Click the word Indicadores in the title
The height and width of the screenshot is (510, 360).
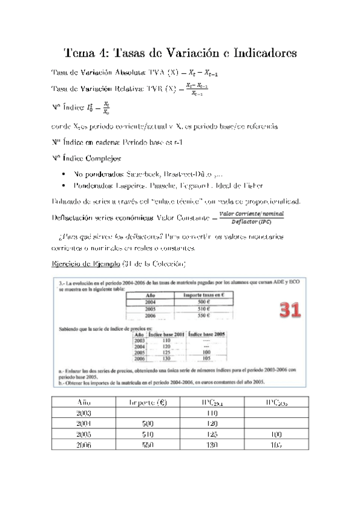tap(258, 54)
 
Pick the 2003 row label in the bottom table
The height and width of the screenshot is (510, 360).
tap(85, 413)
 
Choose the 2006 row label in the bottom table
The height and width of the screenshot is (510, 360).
tap(85, 446)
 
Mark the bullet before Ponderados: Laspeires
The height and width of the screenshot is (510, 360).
tap(64, 186)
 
